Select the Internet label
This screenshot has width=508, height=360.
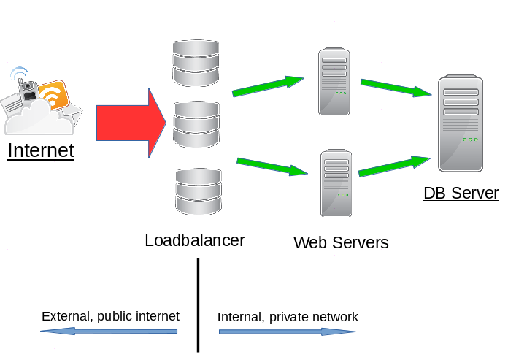(x=41, y=151)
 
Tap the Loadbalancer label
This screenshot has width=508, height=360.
(x=195, y=240)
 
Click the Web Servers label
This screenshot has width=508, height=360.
(x=341, y=242)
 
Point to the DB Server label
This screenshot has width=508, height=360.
(x=461, y=194)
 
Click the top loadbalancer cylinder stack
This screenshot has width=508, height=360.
(x=196, y=63)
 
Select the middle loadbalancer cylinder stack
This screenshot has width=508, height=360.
(x=196, y=126)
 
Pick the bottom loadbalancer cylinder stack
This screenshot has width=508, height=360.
(x=199, y=191)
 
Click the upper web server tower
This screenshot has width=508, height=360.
(x=334, y=81)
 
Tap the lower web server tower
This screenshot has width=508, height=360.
(x=336, y=183)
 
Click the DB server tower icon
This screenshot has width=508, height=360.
(x=460, y=122)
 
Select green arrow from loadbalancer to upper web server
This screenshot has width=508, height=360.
(x=268, y=85)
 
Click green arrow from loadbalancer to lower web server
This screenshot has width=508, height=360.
(x=271, y=166)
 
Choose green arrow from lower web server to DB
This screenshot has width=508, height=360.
(x=395, y=166)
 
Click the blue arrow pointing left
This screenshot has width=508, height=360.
(x=109, y=331)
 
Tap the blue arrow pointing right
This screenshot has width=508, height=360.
(x=287, y=332)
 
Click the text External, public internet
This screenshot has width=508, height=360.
(x=110, y=316)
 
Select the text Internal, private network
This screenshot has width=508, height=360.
(x=288, y=317)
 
